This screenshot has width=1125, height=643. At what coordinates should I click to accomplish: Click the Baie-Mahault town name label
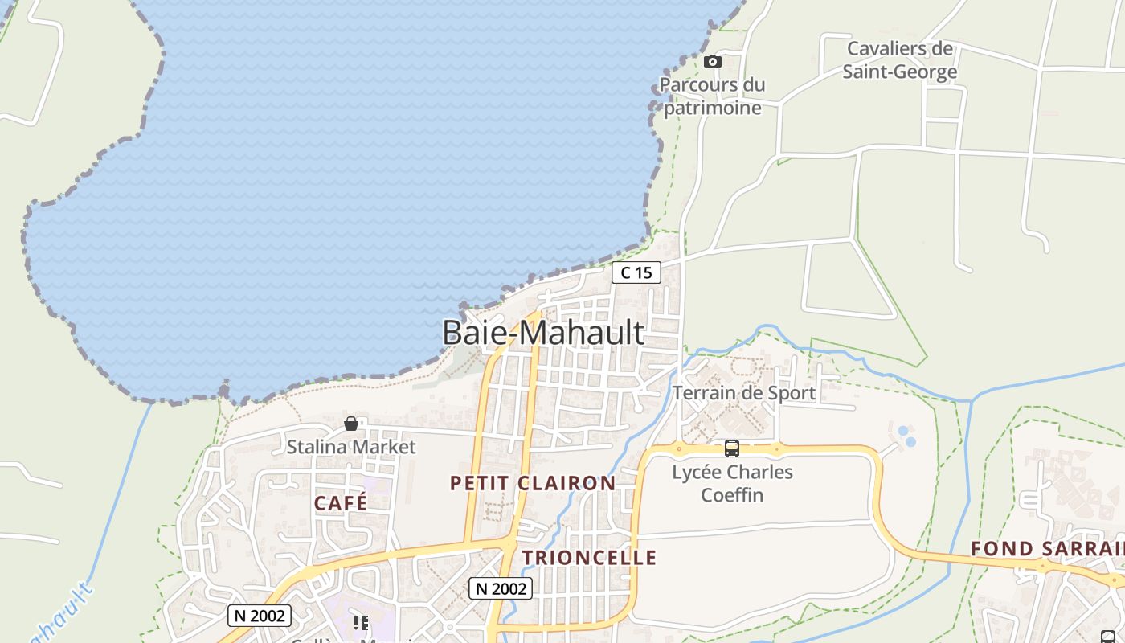pyautogui.click(x=543, y=333)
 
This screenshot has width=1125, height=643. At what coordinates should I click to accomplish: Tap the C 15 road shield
pyautogui.click(x=636, y=273)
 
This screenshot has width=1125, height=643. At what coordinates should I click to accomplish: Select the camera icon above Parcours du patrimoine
pyautogui.click(x=712, y=62)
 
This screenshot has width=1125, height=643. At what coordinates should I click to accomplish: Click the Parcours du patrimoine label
pyautogui.click(x=712, y=96)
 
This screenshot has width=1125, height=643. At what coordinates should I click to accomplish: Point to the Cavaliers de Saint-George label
pyautogui.click(x=900, y=60)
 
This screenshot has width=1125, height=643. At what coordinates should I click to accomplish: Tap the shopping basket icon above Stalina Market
pyautogui.click(x=351, y=424)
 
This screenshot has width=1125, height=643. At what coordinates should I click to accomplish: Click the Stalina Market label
pyautogui.click(x=351, y=447)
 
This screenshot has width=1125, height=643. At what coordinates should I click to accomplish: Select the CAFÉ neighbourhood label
pyautogui.click(x=341, y=503)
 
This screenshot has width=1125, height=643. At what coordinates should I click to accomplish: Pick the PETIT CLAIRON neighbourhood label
pyautogui.click(x=533, y=483)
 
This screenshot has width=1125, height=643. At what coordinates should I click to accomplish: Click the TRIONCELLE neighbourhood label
pyautogui.click(x=589, y=558)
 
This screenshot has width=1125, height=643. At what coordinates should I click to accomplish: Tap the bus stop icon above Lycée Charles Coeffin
pyautogui.click(x=731, y=448)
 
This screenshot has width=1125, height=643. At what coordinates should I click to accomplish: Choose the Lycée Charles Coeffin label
pyautogui.click(x=732, y=483)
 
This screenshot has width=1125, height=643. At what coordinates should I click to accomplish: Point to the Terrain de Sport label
pyautogui.click(x=743, y=393)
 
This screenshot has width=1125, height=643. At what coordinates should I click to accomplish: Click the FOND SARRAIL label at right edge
pyautogui.click(x=1047, y=549)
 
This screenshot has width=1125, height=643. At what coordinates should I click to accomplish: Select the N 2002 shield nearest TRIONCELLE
pyautogui.click(x=501, y=588)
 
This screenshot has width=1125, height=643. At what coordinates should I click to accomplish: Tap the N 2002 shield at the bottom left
pyautogui.click(x=260, y=616)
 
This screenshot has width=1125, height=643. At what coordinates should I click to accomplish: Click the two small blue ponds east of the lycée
pyautogui.click(x=906, y=436)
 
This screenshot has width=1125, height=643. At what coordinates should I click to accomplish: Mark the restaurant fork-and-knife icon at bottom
pyautogui.click(x=361, y=623)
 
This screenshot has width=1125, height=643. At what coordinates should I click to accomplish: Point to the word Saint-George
pyautogui.click(x=900, y=72)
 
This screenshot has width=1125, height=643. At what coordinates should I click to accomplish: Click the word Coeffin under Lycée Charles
pyautogui.click(x=732, y=494)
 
